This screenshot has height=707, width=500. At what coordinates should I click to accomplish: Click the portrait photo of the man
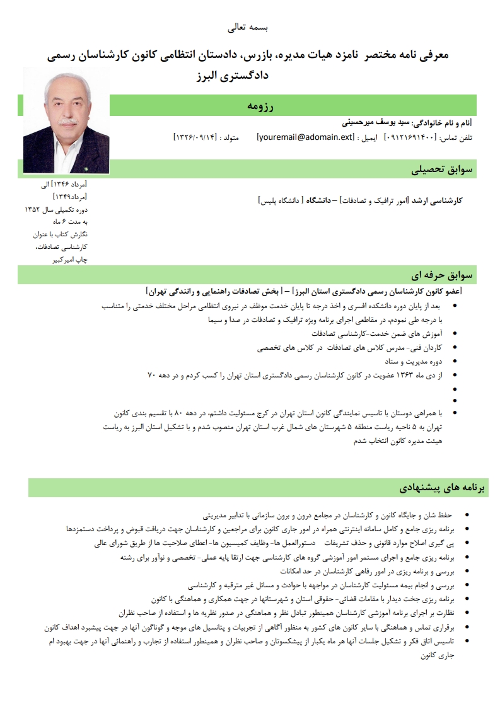[66, 120]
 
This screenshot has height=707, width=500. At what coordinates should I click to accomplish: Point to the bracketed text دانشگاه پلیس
[281, 200]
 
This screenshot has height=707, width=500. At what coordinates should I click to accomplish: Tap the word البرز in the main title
[211, 76]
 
